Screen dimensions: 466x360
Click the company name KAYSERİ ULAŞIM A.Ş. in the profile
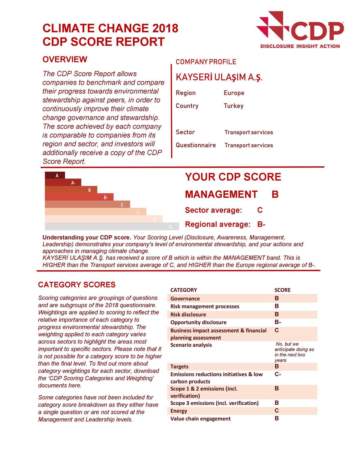tap(219, 78)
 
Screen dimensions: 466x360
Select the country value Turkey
tap(233, 106)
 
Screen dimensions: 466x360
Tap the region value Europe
tap(234, 93)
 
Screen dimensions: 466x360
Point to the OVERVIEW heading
tap(65, 59)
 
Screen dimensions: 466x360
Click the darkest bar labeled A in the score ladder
tap(55, 175)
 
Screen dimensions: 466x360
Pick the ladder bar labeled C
tap(87, 204)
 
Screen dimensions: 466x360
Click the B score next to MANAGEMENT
tap(275, 194)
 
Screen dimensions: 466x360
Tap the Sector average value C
tap(260, 210)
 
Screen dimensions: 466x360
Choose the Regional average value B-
tap(261, 224)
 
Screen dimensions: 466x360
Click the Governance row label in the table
tap(185, 299)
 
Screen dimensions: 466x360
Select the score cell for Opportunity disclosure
tap(278, 322)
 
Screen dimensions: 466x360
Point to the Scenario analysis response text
tap(294, 352)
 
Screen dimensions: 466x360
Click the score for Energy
tap(277, 411)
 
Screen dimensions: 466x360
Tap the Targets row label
tap(179, 366)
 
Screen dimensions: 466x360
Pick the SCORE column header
tap(283, 290)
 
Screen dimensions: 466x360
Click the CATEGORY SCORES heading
tap(77, 285)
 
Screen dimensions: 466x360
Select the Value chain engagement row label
tap(200, 419)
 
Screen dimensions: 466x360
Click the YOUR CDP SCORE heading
tap(233, 177)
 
